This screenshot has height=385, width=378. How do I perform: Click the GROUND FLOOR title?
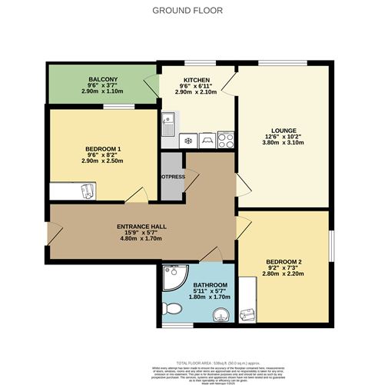[188, 10]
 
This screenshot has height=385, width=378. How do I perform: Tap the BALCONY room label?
[101, 79]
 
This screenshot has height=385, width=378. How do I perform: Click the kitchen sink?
[167, 121]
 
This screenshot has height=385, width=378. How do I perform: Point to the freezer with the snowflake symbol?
[187, 141]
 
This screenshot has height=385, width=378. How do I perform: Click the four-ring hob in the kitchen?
[226, 141]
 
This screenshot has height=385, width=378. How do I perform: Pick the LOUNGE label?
[283, 131]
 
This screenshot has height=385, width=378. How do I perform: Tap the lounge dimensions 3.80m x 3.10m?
[283, 143]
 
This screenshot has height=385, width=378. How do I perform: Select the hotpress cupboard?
[171, 175]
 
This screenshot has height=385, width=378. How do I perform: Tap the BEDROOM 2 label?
[283, 261]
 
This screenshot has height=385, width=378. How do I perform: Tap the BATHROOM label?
[198, 284]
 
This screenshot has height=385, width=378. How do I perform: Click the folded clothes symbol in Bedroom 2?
[248, 313]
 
